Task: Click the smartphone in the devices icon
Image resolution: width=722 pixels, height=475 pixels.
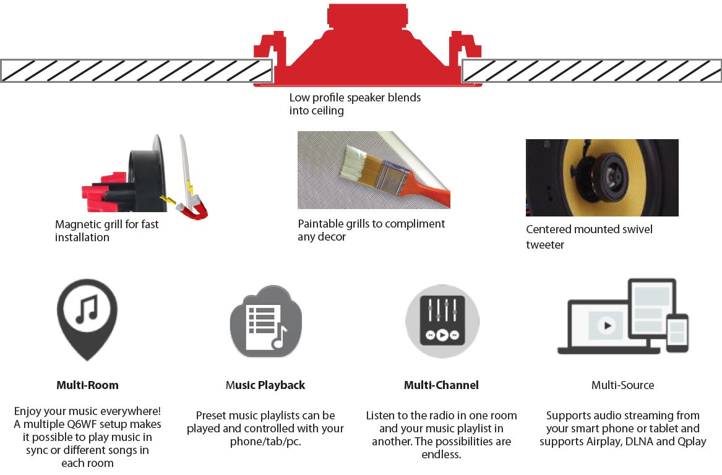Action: [677, 332]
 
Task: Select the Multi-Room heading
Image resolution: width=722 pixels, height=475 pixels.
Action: [87, 385]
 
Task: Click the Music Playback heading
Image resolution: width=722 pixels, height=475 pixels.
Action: [265, 385]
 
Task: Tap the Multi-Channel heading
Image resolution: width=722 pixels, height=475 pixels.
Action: [441, 385]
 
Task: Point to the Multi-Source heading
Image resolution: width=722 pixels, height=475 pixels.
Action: [622, 385]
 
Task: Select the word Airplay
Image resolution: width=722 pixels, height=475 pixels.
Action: [600, 442]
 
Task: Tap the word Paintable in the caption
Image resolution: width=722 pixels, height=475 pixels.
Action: [322, 223]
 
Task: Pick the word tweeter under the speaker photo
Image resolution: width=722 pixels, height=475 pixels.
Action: [545, 245]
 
